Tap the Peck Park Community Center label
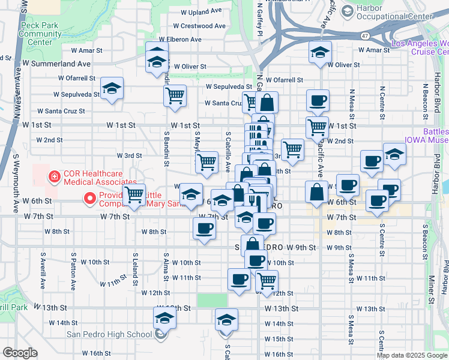tap(43, 34)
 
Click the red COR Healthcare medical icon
tap(54, 176)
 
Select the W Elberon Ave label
tap(179, 40)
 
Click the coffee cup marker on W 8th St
tap(205, 229)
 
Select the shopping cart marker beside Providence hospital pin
tap(134, 195)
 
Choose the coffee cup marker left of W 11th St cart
tap(239, 279)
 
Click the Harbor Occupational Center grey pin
tap(347, 11)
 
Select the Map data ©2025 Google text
tap(412, 355)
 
